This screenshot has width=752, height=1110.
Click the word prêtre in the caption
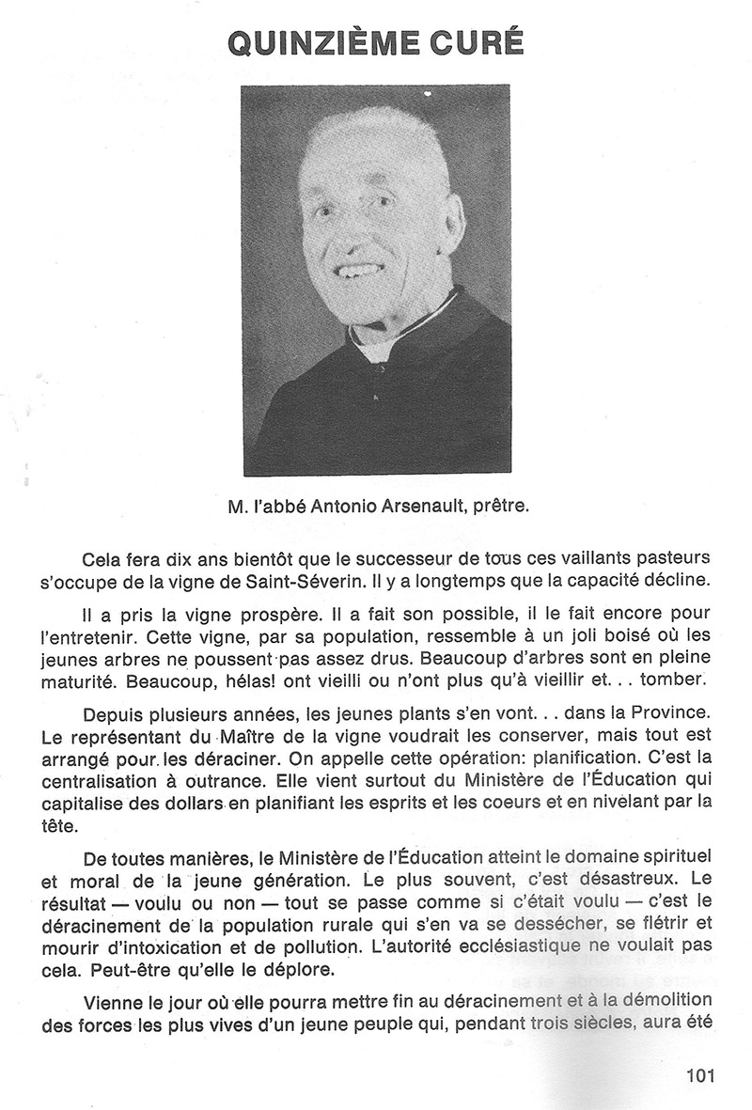[x=504, y=508]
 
